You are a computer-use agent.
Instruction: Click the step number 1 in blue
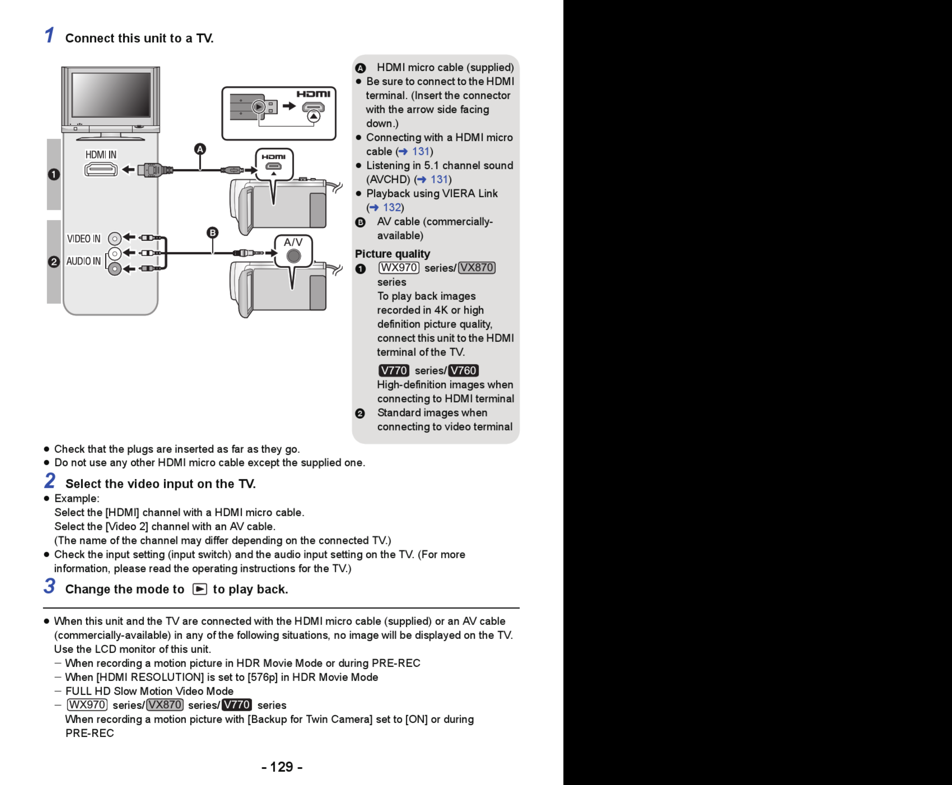pos(49,35)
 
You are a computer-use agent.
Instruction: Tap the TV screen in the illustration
pos(111,95)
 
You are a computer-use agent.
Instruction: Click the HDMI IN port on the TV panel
pos(101,169)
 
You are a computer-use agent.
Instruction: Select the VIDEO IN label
pos(84,239)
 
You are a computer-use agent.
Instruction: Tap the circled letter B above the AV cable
pos(212,233)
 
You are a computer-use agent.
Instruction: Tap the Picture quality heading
pos(392,254)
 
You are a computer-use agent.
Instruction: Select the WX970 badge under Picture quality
pos(398,268)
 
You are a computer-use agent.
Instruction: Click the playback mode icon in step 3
pos(200,589)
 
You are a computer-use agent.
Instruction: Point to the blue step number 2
pos(50,481)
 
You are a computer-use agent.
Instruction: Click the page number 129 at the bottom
pos(282,767)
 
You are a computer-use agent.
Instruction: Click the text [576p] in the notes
pos(263,677)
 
